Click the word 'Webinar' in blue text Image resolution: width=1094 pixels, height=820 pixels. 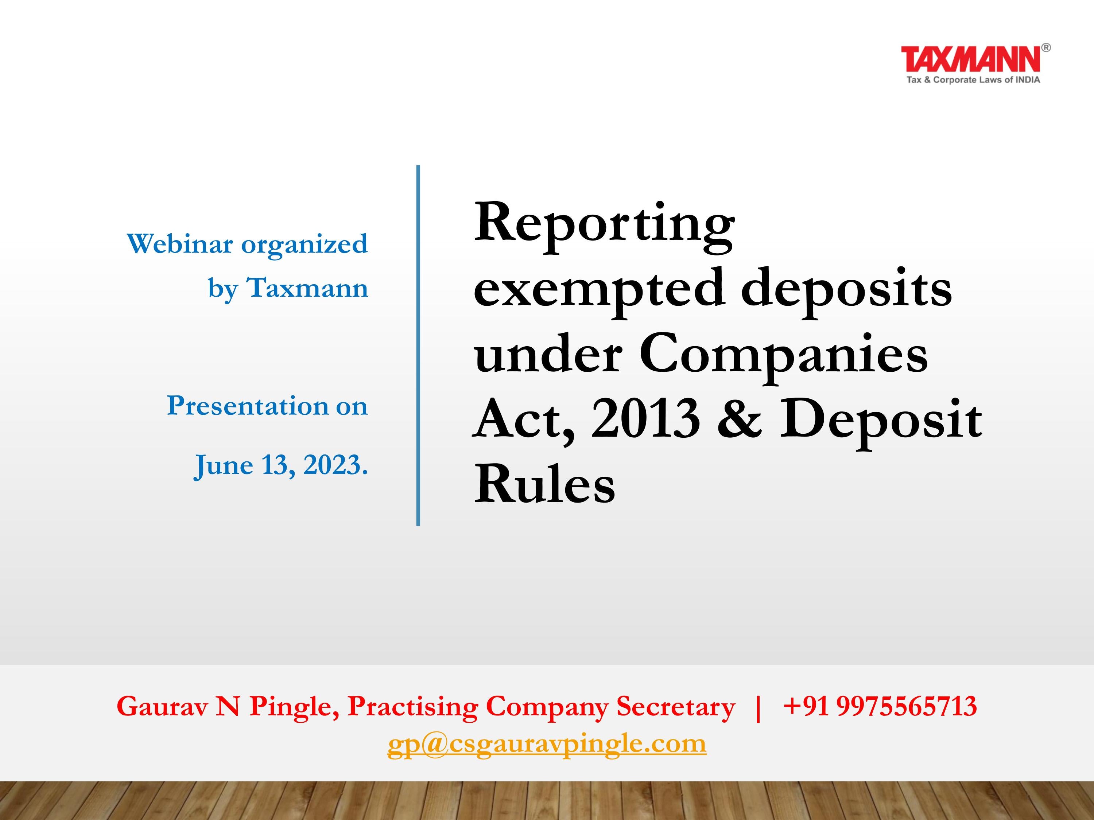pos(179,244)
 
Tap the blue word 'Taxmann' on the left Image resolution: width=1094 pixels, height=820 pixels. pos(308,288)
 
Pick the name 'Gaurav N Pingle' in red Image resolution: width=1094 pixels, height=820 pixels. pos(228,706)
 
